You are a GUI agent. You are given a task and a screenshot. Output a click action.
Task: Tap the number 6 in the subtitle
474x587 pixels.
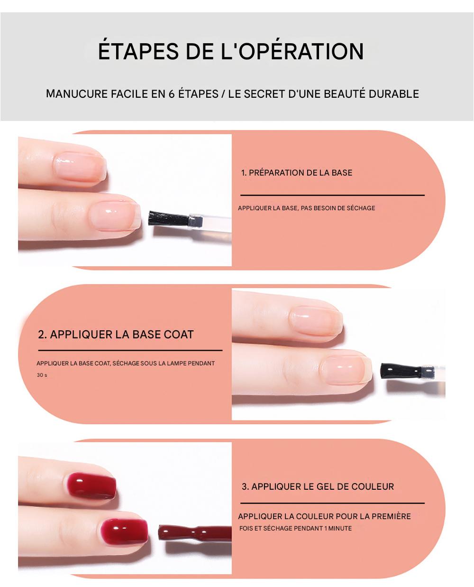(x=172, y=94)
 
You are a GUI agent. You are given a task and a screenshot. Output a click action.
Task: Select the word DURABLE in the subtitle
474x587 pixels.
(x=393, y=94)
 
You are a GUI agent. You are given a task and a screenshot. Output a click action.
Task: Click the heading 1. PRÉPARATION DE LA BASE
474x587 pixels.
(x=296, y=173)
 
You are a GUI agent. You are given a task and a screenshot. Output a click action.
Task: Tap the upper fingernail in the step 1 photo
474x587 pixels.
(x=80, y=167)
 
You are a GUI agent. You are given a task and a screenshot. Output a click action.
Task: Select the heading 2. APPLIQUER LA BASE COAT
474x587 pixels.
(x=116, y=334)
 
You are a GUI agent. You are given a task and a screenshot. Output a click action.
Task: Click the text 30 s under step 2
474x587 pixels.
(x=42, y=375)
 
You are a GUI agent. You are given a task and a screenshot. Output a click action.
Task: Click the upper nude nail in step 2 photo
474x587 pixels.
(x=317, y=320)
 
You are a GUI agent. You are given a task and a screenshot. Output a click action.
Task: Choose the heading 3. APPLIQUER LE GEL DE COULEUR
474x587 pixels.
(x=318, y=486)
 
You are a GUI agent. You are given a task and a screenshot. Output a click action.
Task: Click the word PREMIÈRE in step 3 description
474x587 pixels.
(x=391, y=516)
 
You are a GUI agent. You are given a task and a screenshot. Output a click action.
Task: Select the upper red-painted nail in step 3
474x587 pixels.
(x=92, y=486)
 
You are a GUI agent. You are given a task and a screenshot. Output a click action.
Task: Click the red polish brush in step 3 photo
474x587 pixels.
(x=195, y=533)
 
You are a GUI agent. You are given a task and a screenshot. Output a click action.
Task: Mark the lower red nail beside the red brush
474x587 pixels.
(x=124, y=531)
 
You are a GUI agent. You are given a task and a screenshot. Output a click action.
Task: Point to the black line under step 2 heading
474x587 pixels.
(x=130, y=350)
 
